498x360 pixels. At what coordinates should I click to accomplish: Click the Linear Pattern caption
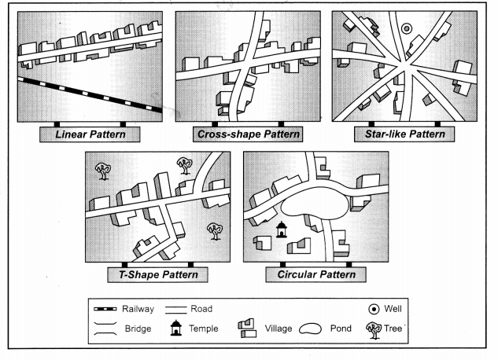90,134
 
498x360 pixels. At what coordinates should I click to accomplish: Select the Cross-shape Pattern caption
249,134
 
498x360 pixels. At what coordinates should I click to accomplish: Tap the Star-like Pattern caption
405,134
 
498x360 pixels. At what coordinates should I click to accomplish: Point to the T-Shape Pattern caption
158,274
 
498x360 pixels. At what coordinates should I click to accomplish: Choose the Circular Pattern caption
316,274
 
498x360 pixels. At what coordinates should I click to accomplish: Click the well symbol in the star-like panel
407,29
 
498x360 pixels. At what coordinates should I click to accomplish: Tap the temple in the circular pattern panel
281,230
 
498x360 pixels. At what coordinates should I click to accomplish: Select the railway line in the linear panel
90,94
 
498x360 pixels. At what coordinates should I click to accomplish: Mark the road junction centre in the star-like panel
404,66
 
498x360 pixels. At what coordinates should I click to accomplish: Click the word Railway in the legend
138,309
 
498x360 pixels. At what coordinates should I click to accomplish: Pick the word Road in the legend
201,309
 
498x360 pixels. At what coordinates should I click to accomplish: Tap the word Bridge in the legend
138,329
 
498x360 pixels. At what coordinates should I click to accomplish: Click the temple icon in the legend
176,328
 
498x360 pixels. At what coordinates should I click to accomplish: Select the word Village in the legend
279,329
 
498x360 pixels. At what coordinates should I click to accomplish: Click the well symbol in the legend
374,309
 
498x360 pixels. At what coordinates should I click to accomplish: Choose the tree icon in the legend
374,331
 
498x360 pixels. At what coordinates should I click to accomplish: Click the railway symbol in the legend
105,309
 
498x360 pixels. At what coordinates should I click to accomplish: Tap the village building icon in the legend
247,329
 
